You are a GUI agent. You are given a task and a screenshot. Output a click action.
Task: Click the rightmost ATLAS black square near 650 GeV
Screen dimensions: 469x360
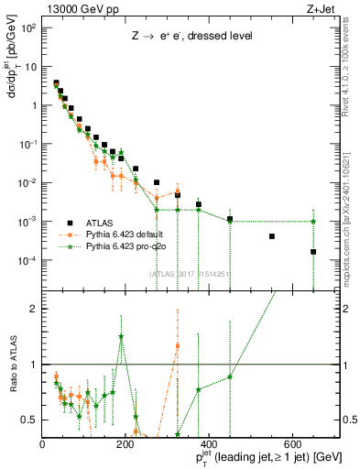pos(313,252)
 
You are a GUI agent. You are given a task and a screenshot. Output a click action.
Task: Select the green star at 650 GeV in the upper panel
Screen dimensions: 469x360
pos(313,222)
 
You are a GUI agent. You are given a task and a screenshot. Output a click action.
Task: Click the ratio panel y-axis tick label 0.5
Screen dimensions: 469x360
pos(29,420)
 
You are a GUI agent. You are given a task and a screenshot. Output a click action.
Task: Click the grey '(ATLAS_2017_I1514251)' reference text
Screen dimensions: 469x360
pos(190,272)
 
